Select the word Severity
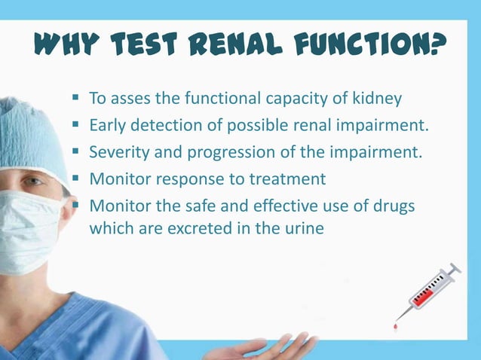pyautogui.click(x=118, y=151)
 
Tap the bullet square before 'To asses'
pyautogui.click(x=77, y=98)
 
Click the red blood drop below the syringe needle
pyautogui.click(x=395, y=327)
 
